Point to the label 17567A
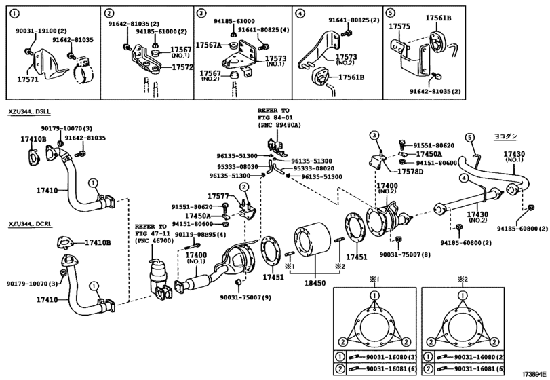coord(208,44)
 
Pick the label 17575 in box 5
coord(399,27)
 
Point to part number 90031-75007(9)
coord(245,297)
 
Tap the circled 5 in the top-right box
coord(390,12)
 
